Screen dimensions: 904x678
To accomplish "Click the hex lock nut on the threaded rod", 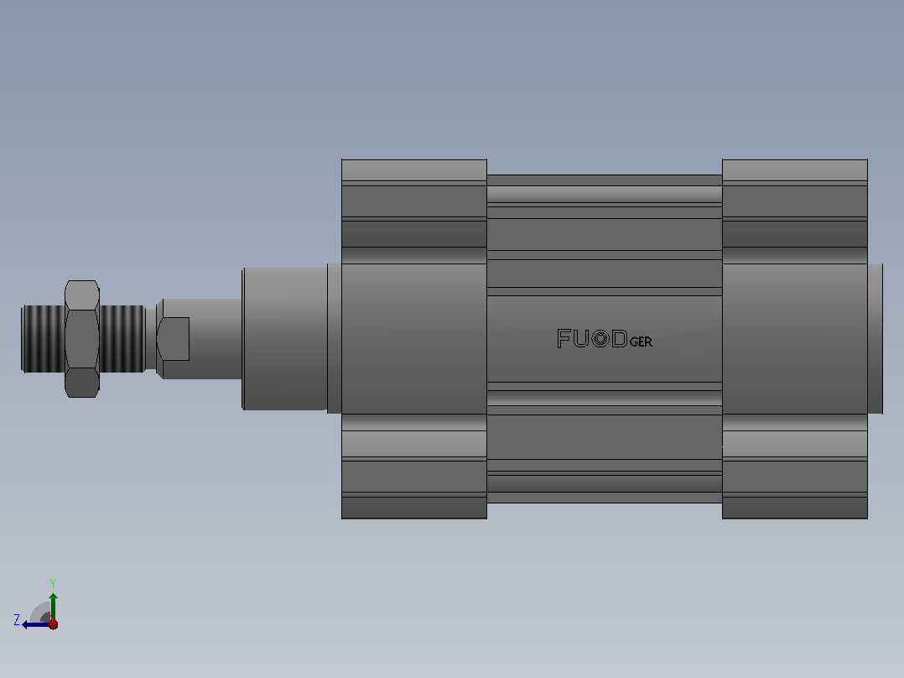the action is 82,339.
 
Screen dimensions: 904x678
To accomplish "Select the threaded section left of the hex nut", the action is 44,339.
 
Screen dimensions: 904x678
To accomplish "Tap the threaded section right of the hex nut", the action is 122,339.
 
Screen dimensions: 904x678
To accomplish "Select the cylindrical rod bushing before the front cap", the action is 285,339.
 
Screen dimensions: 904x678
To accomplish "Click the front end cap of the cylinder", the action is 414,339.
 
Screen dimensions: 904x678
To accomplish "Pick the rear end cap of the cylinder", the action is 794,339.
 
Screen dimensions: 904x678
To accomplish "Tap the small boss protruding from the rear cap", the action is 875,339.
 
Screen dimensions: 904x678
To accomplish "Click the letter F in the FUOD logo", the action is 564,338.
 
